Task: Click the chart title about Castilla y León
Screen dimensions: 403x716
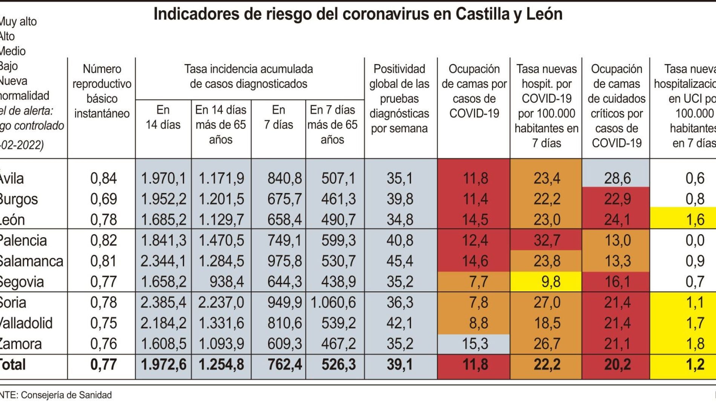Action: [358, 14]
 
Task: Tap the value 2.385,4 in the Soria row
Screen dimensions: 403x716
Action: [163, 302]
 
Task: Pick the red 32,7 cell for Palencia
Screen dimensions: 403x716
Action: [547, 240]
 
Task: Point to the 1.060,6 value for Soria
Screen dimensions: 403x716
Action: [333, 302]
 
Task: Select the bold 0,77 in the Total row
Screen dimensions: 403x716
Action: [103, 365]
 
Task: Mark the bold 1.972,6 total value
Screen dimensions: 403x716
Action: [163, 365]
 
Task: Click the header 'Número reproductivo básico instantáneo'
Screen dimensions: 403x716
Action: [102, 91]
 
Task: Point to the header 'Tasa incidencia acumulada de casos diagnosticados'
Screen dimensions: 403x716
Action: [248, 76]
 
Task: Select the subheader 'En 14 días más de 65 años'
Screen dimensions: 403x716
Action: [221, 124]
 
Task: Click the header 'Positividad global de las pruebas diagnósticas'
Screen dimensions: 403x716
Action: [399, 98]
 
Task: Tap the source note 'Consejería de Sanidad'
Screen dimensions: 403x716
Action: [66, 395]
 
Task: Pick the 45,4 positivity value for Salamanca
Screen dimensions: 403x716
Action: [400, 261]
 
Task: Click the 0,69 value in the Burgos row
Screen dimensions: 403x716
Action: [103, 199]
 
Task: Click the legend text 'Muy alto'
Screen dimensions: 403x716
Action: [18, 21]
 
